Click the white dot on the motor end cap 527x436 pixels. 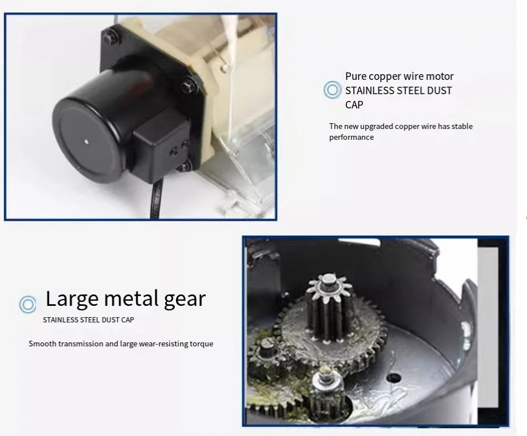(87, 142)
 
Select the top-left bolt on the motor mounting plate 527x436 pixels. (110, 36)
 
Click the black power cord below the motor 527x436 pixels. (156, 199)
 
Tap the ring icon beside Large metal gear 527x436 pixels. (27, 304)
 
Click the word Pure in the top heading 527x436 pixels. (355, 76)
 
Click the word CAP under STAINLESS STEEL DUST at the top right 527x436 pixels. (354, 104)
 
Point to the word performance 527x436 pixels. (351, 138)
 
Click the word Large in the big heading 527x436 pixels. (72, 298)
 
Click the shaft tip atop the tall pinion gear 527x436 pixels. (328, 280)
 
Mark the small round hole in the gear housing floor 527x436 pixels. (394, 378)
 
